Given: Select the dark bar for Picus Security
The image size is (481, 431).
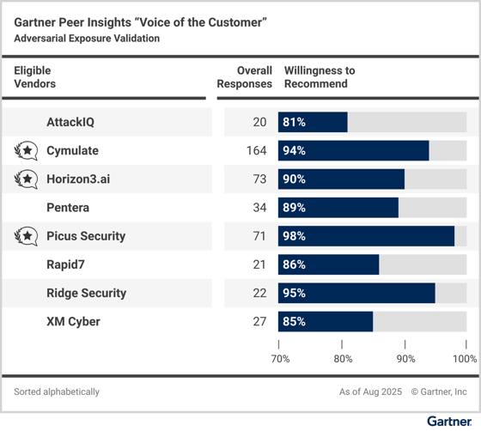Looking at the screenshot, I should point(366,236).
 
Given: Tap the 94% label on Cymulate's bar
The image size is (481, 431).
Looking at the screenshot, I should point(294,151).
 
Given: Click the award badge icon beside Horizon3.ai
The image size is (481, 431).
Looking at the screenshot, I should point(27,179).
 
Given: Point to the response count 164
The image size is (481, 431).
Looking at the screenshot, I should point(255,151).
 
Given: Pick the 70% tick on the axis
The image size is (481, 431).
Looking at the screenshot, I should point(280,358).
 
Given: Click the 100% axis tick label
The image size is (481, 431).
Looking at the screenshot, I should point(464,358).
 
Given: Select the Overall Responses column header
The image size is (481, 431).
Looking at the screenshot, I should point(244,77).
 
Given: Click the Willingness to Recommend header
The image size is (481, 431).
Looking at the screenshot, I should point(319,77).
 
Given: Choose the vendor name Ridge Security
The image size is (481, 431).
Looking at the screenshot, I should point(86,293).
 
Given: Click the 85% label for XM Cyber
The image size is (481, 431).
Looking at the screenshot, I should point(294,322).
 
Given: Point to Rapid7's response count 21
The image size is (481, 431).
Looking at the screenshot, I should point(259,264).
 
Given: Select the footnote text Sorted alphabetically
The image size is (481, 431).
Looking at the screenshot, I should point(57,392).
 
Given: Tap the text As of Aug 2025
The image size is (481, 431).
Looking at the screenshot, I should point(370,392).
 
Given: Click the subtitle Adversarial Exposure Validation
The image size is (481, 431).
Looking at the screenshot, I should point(87,39).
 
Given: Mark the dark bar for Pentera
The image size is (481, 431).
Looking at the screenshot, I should point(338,208).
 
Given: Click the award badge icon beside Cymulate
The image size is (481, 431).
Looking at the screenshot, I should point(27,151).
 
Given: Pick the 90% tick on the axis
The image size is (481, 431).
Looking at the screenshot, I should point(405,358).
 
